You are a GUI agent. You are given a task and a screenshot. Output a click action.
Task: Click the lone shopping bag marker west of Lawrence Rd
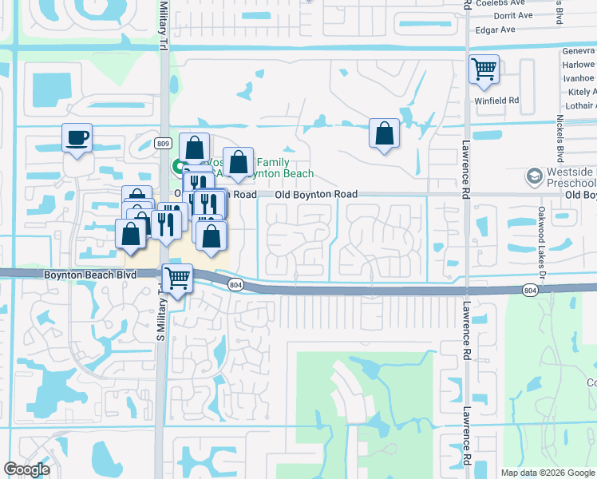tap(384, 134)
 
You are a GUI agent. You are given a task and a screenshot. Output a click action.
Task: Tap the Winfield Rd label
tap(496, 101)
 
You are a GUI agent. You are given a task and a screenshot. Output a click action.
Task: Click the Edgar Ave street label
tap(495, 30)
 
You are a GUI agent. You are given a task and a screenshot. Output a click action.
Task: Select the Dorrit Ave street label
tap(514, 15)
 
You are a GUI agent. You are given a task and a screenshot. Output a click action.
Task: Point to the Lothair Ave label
tap(579, 105)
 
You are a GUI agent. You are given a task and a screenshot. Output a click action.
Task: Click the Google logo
tap(26, 469)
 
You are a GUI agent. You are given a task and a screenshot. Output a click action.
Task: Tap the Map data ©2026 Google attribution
tap(548, 473)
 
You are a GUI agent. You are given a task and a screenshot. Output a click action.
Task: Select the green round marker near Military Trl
tap(177, 166)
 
